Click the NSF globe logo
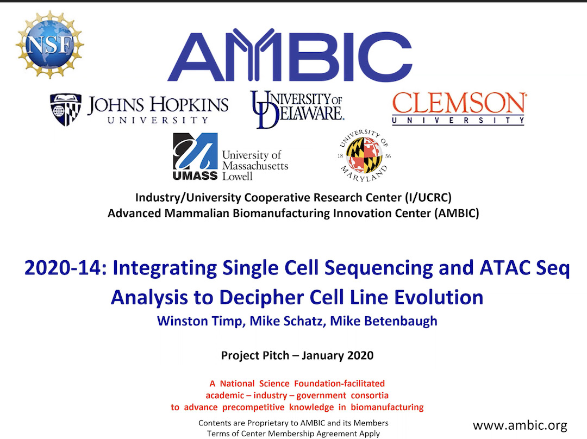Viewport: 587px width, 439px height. [50, 45]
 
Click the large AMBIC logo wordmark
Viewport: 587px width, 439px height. [290, 55]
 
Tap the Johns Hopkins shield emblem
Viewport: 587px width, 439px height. [66, 109]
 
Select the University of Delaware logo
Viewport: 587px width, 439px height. [297, 109]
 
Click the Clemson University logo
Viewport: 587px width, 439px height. [459, 108]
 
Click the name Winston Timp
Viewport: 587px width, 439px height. [200, 321]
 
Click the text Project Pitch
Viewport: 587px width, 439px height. [255, 355]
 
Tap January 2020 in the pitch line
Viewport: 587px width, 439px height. [338, 355]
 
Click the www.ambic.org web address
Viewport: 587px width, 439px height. [520, 425]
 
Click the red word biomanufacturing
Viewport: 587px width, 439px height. [387, 407]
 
